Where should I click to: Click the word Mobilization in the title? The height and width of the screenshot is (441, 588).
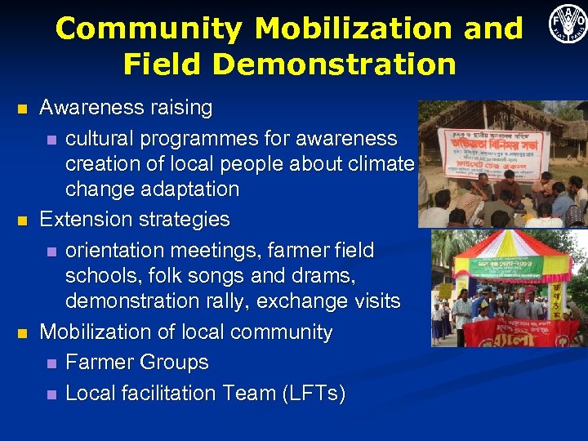click(342, 29)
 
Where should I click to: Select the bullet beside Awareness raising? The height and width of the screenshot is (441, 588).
click(22, 108)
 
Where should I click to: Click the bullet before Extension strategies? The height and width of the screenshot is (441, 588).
click(22, 220)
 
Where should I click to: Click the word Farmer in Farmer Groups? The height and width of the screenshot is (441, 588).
click(100, 363)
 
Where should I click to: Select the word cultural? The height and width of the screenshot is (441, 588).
click(101, 138)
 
